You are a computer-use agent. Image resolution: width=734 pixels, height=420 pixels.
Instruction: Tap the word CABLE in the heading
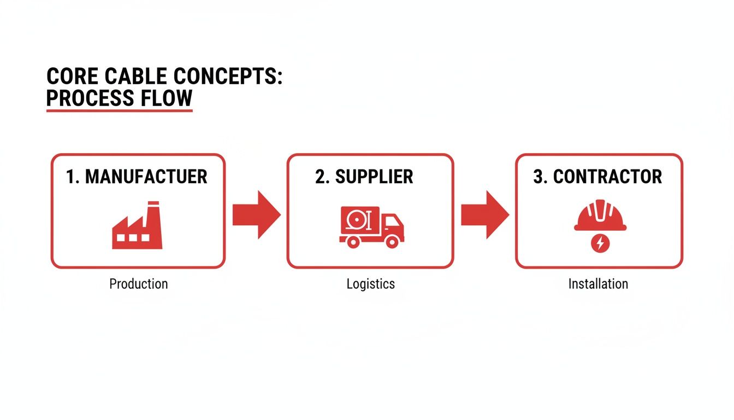[x=135, y=76]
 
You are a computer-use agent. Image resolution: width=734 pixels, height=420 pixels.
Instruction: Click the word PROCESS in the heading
[x=90, y=98]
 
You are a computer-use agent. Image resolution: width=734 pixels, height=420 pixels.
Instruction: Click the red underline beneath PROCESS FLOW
[x=119, y=110]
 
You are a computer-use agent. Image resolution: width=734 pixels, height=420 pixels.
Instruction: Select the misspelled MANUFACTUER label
[x=146, y=177]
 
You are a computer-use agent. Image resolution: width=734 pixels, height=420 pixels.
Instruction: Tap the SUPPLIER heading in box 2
[x=374, y=177]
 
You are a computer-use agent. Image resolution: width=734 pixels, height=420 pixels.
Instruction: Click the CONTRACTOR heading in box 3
[x=607, y=177]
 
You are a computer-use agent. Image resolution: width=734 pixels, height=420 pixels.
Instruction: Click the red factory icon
[x=137, y=225]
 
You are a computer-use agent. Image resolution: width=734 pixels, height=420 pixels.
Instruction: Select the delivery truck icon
[x=371, y=227]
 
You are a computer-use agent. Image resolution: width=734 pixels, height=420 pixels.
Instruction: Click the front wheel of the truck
[x=392, y=242]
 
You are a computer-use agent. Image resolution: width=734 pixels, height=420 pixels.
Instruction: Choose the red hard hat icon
[x=600, y=215]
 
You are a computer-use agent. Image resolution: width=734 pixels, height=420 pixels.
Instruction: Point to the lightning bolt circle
[x=600, y=243]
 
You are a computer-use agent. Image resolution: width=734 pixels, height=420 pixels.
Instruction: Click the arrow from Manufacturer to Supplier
[x=257, y=214]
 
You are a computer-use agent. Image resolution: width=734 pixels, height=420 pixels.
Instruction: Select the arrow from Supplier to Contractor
[x=486, y=214]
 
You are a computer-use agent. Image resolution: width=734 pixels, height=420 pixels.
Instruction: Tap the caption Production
[x=139, y=284]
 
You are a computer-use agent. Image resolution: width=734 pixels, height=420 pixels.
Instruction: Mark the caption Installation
[x=599, y=284]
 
